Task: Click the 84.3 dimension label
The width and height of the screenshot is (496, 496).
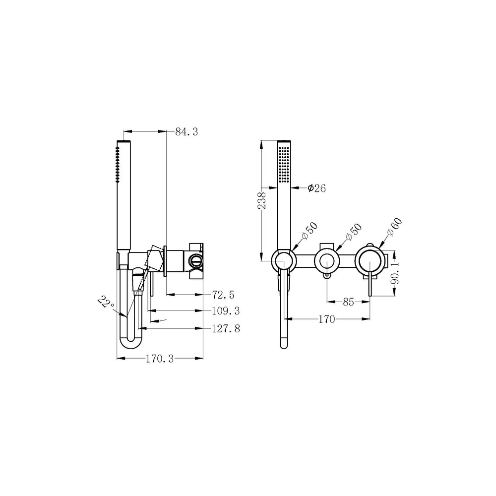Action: pyautogui.click(x=186, y=131)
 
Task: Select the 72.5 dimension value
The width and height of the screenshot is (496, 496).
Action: pyautogui.click(x=223, y=295)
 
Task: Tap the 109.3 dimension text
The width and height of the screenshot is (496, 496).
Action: pyautogui.click(x=226, y=311)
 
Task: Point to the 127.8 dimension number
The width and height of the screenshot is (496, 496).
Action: pyautogui.click(x=226, y=329)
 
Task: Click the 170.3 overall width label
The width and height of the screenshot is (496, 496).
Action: pyautogui.click(x=160, y=359)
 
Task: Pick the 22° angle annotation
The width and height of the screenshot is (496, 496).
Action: pyautogui.click(x=106, y=303)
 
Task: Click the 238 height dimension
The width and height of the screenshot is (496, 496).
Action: pyautogui.click(x=262, y=200)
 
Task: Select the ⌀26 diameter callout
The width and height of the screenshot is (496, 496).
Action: pyautogui.click(x=316, y=188)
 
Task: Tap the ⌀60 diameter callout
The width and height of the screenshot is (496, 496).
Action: pyautogui.click(x=394, y=227)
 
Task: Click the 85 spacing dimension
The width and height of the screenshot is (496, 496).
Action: pyautogui.click(x=348, y=302)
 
